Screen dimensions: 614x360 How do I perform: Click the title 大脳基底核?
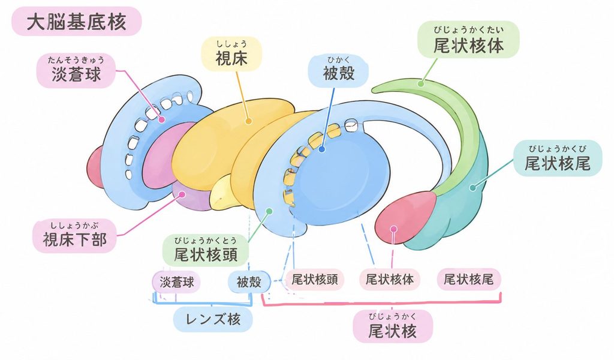(76, 21)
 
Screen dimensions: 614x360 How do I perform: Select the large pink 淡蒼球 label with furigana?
(76, 71)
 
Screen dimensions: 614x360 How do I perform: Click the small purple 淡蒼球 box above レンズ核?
(176, 281)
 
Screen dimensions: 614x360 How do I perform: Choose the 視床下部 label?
(74, 235)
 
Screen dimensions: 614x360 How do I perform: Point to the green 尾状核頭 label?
(206, 251)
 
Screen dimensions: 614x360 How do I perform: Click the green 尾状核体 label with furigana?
(468, 40)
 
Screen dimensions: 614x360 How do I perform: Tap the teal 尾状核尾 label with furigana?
(557, 158)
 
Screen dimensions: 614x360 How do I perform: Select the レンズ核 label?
(213, 319)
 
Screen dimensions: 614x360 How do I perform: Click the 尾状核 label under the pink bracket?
(392, 327)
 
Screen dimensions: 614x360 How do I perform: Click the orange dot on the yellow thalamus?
(248, 121)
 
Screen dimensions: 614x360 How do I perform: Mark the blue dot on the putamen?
(321, 149)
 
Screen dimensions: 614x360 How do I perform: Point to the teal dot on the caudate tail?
(472, 188)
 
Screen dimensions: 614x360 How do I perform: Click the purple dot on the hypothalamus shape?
(181, 194)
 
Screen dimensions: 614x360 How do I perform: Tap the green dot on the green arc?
(421, 83)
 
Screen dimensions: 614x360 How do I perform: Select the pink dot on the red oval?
(394, 229)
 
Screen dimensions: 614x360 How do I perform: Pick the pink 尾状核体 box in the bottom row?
(390, 280)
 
